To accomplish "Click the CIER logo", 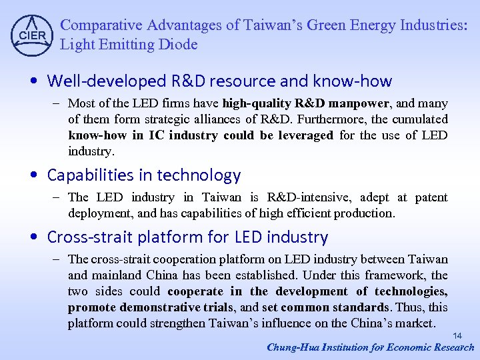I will [x=32, y=34].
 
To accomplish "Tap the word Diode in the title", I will [x=180, y=45].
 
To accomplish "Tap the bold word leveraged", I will [x=300, y=135].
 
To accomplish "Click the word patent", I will [x=431, y=197].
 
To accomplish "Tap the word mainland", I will [x=115, y=275].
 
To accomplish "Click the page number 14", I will [x=457, y=335].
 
